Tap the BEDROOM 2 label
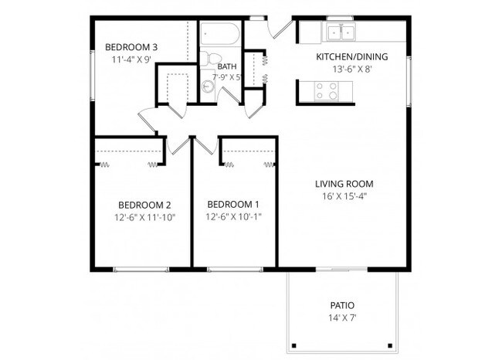pos(144,205)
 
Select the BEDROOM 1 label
pos(233,204)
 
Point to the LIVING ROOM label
pos(344,184)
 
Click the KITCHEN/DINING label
pos(352,56)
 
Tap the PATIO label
pos(341,305)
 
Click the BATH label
pos(227,66)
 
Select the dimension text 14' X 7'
pos(341,318)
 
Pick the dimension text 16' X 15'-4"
pos(344,196)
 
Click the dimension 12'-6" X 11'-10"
pos(144,217)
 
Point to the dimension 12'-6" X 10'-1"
pos(233,216)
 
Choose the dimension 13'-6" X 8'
pos(352,69)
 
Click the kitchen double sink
pos(340,32)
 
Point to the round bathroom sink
pos(208,87)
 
